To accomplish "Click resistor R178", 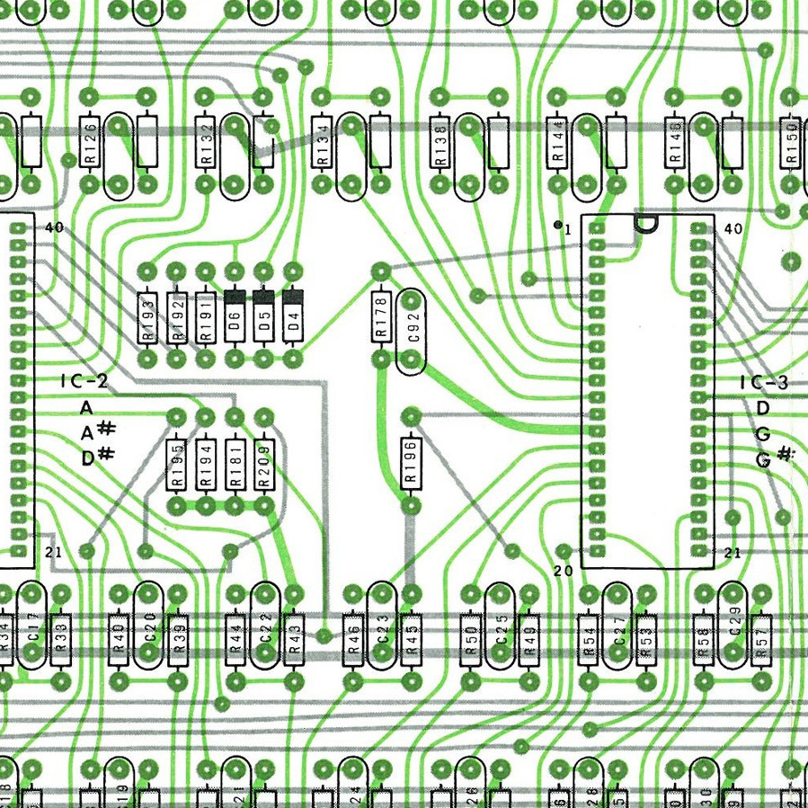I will [381, 316].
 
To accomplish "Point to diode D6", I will [235, 315].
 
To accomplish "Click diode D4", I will [293, 315].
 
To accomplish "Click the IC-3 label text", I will [764, 383].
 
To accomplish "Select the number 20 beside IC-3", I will [564, 570].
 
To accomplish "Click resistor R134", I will [323, 143].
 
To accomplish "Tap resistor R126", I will [90, 143].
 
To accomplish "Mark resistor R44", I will [235, 638].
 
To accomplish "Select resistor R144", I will [558, 143].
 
